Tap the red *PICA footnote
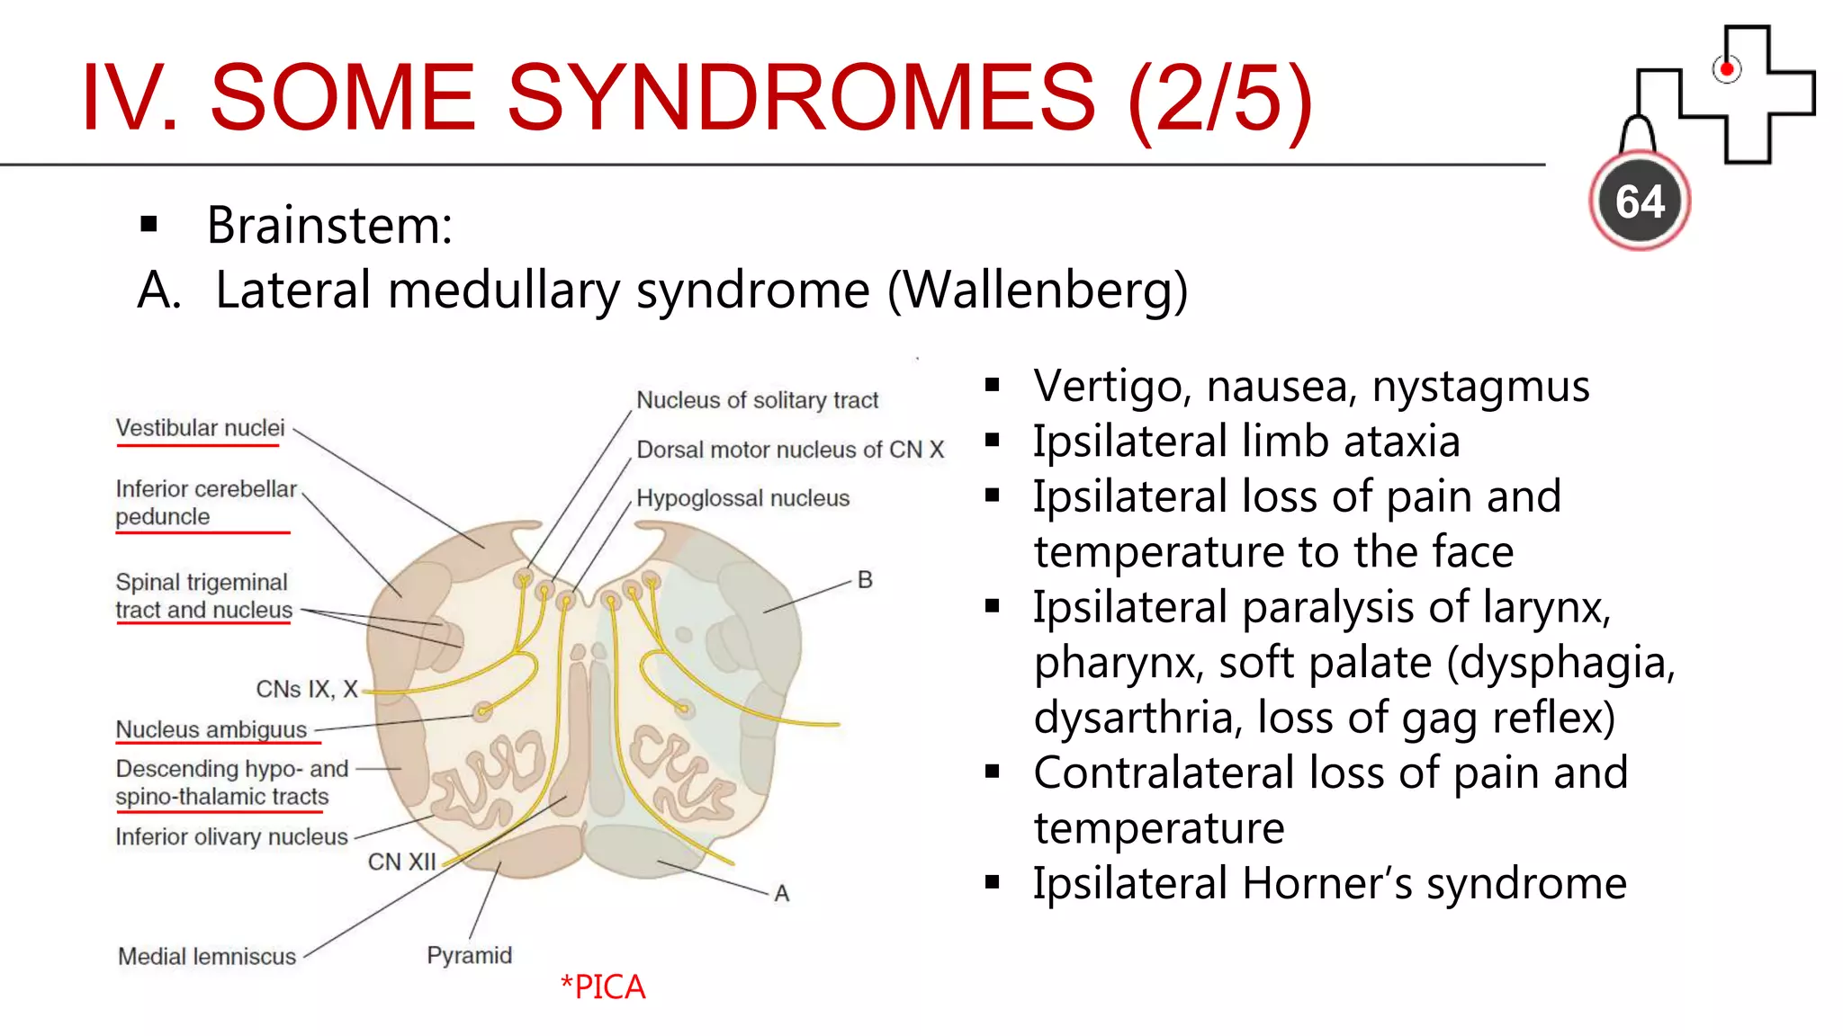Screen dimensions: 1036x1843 coord(602,987)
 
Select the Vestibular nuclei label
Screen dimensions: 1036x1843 coord(200,428)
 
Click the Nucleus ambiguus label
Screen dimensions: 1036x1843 coord(211,729)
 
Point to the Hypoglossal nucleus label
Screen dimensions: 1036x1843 coord(742,498)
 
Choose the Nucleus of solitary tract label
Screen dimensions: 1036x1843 coord(757,400)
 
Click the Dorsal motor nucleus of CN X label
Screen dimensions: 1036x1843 coord(790,450)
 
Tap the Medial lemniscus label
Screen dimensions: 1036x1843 coord(207,956)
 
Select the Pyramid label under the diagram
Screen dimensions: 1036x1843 coord(469,955)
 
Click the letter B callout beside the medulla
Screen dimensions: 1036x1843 coord(865,580)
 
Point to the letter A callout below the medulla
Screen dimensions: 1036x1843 coord(781,893)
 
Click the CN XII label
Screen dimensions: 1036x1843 coord(401,862)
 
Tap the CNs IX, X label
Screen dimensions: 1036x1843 coord(307,690)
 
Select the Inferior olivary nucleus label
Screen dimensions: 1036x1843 coord(231,837)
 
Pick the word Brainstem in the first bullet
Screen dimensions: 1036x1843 coord(328,225)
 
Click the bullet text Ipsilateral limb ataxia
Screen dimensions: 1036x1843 coord(1245,442)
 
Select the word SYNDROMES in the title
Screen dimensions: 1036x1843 coord(801,97)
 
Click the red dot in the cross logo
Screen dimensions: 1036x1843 coord(1726,69)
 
